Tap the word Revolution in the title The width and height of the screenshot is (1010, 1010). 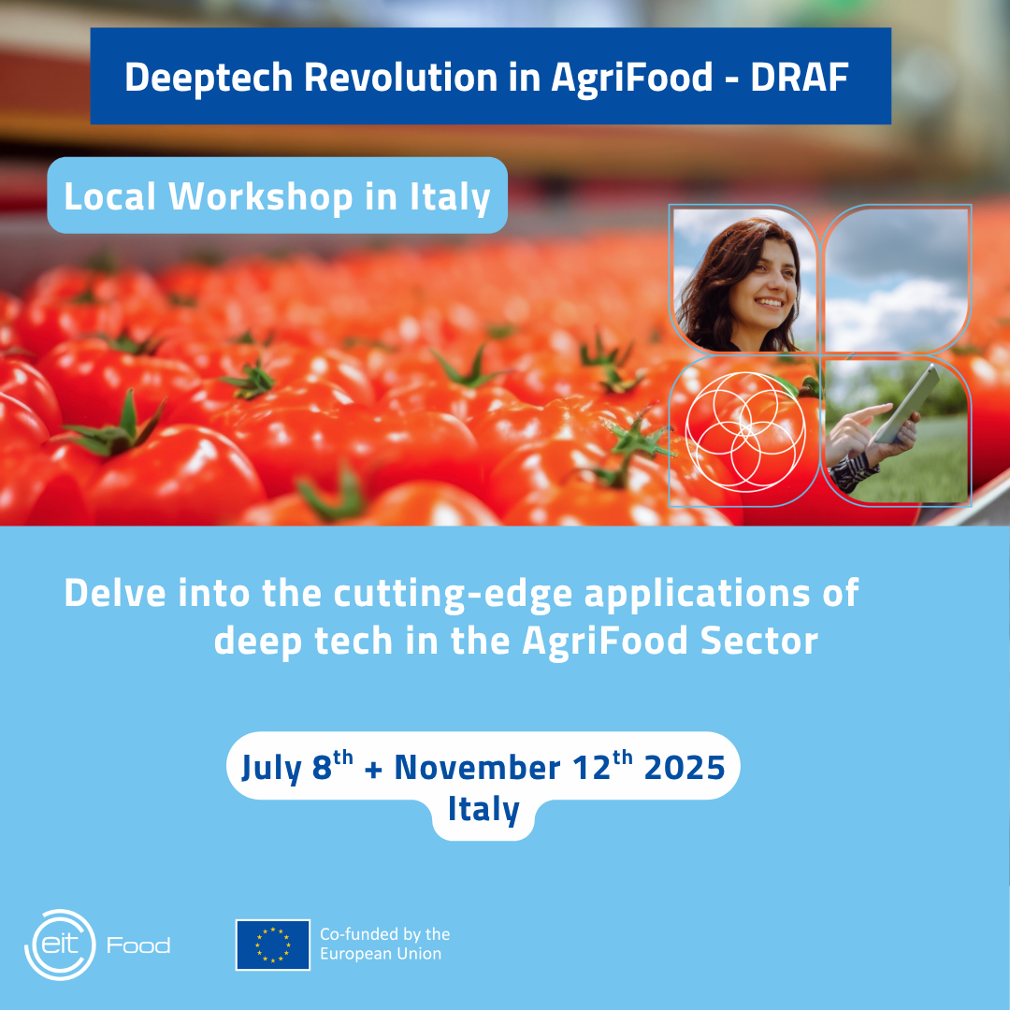(400, 78)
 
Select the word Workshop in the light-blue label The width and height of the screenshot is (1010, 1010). (261, 196)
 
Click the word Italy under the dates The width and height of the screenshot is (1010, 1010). (483, 810)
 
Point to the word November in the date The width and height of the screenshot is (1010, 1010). (477, 767)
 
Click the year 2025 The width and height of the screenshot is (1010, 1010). (685, 767)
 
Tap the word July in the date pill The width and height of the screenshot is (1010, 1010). (272, 769)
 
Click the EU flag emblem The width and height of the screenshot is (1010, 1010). (272, 945)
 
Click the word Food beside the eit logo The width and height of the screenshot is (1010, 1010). (138, 945)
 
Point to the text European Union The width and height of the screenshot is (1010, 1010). (381, 954)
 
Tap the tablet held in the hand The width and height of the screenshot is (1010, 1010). (906, 403)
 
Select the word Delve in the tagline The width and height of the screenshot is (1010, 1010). (115, 593)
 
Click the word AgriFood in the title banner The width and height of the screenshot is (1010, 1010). (632, 79)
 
